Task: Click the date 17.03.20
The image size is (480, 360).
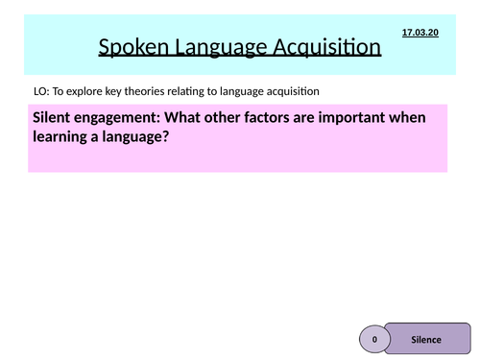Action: point(419,32)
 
